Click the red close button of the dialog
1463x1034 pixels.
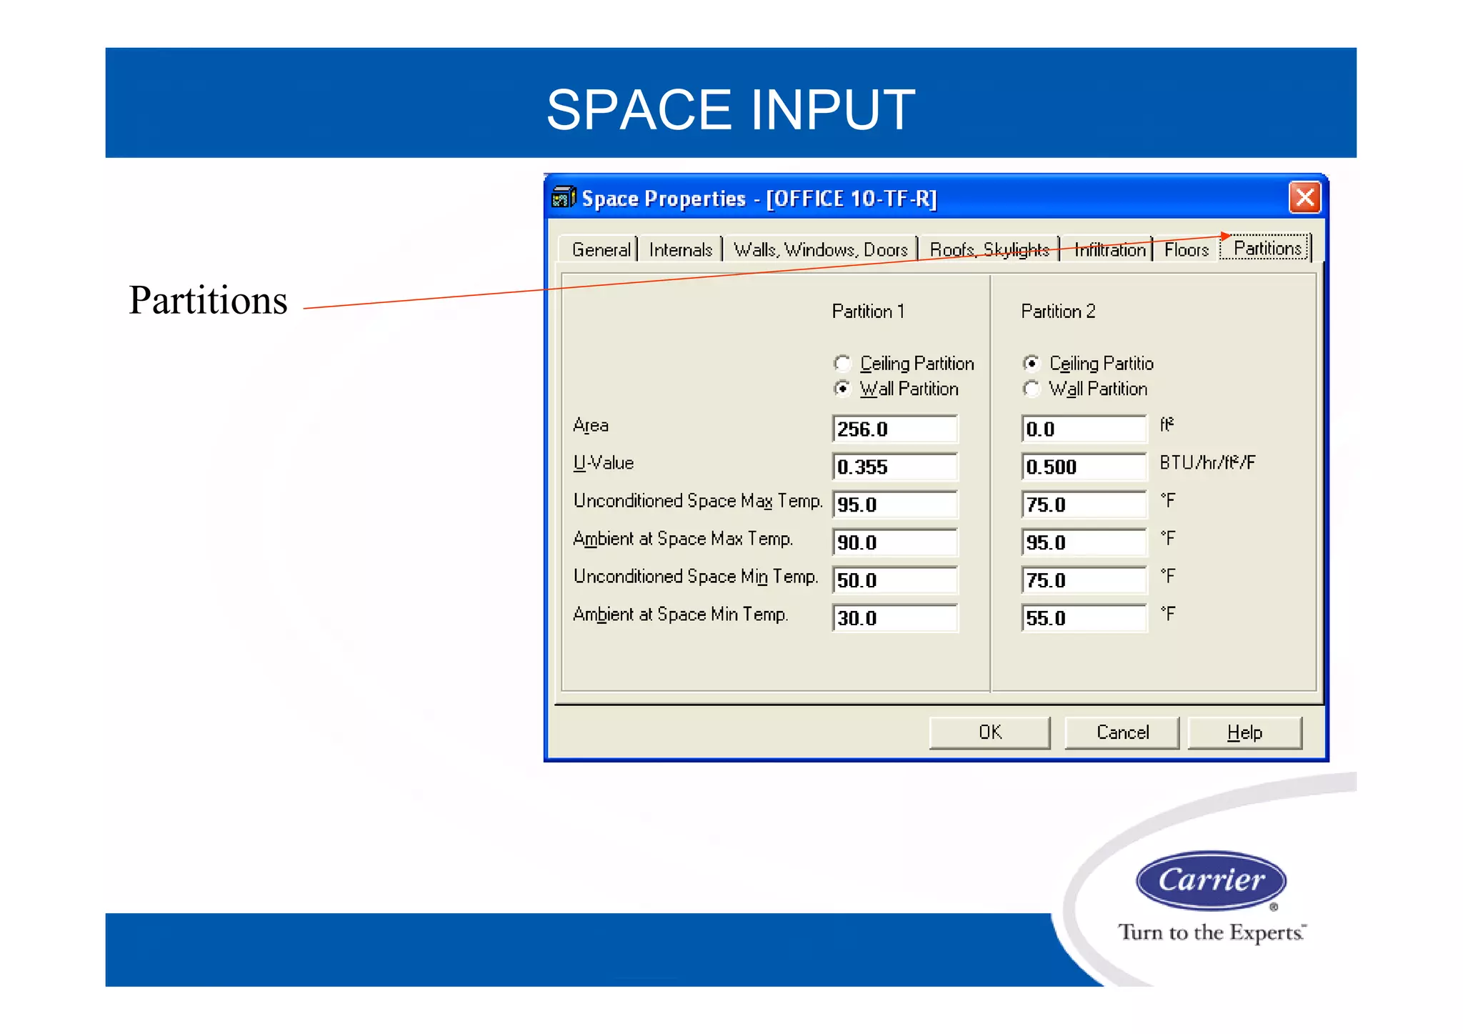(x=1304, y=197)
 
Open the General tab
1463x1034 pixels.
(x=601, y=249)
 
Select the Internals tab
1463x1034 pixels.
(x=680, y=249)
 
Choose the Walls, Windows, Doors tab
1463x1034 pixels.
(x=820, y=249)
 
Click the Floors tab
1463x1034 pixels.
(x=1186, y=249)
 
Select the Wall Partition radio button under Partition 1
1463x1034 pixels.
(x=843, y=389)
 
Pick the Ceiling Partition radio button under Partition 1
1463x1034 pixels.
(x=843, y=364)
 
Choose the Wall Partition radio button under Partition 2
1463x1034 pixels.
(x=1032, y=389)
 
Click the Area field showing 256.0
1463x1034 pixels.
(x=894, y=429)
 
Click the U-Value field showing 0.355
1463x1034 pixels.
(x=894, y=467)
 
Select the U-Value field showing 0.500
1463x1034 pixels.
(x=1083, y=467)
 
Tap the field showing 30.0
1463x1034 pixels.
(x=894, y=618)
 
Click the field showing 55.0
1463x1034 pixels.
(x=1083, y=618)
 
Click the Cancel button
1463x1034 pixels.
(x=1122, y=732)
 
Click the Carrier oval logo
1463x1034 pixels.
(x=1211, y=880)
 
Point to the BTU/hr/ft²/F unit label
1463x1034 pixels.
(x=1207, y=463)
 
